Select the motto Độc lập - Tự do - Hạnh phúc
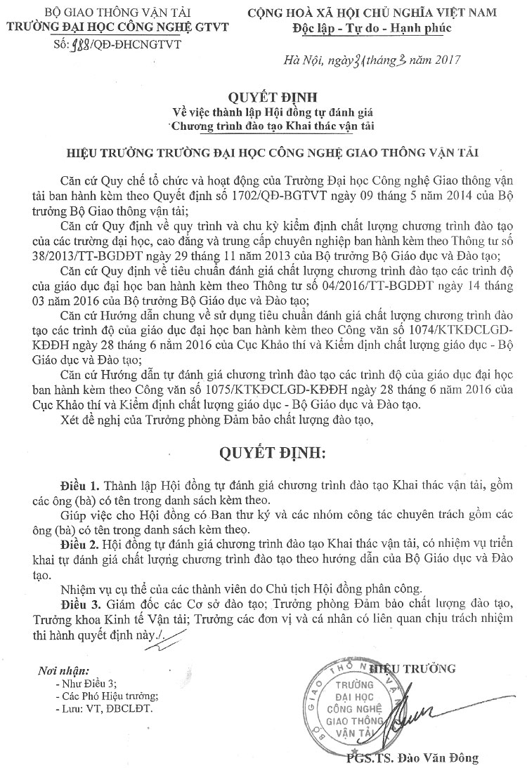coord(372,28)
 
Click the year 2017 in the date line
coord(446,60)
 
